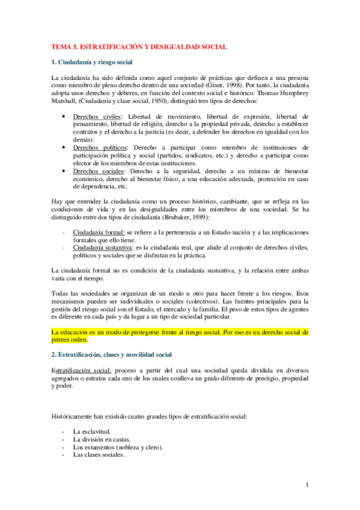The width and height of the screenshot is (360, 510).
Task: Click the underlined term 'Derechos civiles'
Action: coord(96,116)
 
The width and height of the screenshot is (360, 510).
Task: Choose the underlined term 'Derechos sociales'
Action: coord(98,171)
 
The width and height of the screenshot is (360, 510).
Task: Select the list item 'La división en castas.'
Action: coord(102,440)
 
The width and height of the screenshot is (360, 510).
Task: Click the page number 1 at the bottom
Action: coord(307,485)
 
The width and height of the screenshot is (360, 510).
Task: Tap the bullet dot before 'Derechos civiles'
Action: coord(64,116)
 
